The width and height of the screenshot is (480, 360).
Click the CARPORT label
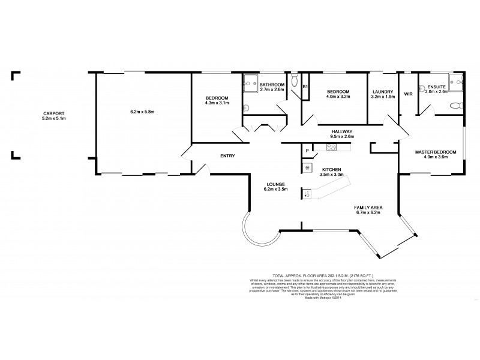(x=54, y=113)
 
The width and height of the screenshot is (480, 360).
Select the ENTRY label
(x=227, y=156)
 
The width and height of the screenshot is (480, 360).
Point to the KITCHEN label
(x=331, y=170)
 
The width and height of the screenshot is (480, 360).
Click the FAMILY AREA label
(x=369, y=208)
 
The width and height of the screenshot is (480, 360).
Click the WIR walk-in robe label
(x=409, y=94)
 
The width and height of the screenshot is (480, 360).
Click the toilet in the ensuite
(x=455, y=106)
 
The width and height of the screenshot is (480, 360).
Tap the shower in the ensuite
(x=458, y=82)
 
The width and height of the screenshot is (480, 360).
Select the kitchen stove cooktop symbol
(x=331, y=147)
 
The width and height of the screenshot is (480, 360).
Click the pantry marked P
(x=307, y=151)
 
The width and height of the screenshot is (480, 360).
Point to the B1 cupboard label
(x=305, y=88)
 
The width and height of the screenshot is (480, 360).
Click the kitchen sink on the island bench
(x=307, y=193)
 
